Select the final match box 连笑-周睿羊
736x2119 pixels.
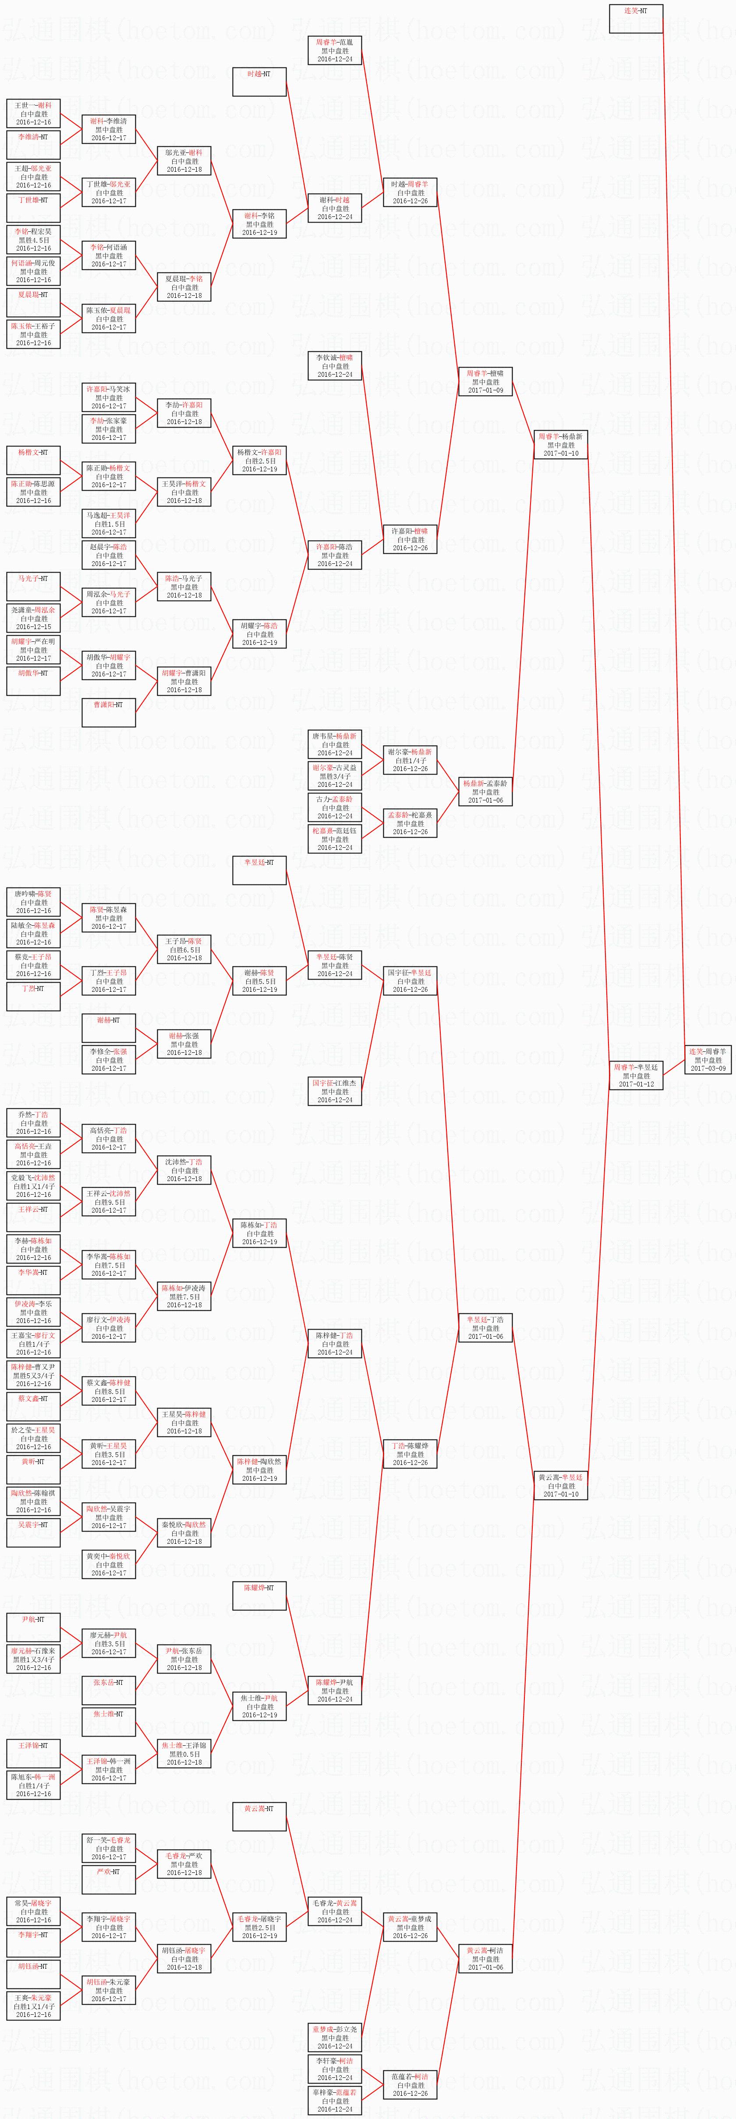(x=708, y=1059)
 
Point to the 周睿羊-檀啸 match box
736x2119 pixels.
(x=485, y=382)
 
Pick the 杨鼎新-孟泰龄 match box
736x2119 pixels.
(x=485, y=791)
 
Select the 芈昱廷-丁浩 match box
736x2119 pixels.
(x=485, y=1328)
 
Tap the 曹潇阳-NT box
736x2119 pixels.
(x=109, y=712)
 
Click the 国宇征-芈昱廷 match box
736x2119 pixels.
(x=410, y=980)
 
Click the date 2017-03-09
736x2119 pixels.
(x=708, y=1068)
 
